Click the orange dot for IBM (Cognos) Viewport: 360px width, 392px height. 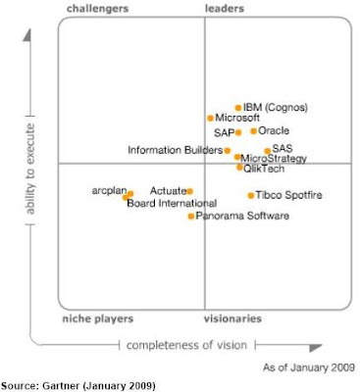coord(237,108)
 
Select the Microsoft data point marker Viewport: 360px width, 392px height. coord(210,119)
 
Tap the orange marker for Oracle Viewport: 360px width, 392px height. coord(253,130)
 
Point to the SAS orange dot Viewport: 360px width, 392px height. coord(267,150)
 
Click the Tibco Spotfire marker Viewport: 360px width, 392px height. coord(250,195)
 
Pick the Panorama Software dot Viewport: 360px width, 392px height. coord(191,216)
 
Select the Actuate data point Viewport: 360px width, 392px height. coord(189,191)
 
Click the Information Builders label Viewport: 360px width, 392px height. coord(175,150)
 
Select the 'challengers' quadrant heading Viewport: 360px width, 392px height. coord(97,9)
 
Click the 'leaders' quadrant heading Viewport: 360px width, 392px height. coord(225,9)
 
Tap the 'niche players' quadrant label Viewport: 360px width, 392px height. coord(97,318)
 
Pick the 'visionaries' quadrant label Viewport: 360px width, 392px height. coord(232,318)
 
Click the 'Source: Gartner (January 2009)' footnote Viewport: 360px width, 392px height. coord(77,385)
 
